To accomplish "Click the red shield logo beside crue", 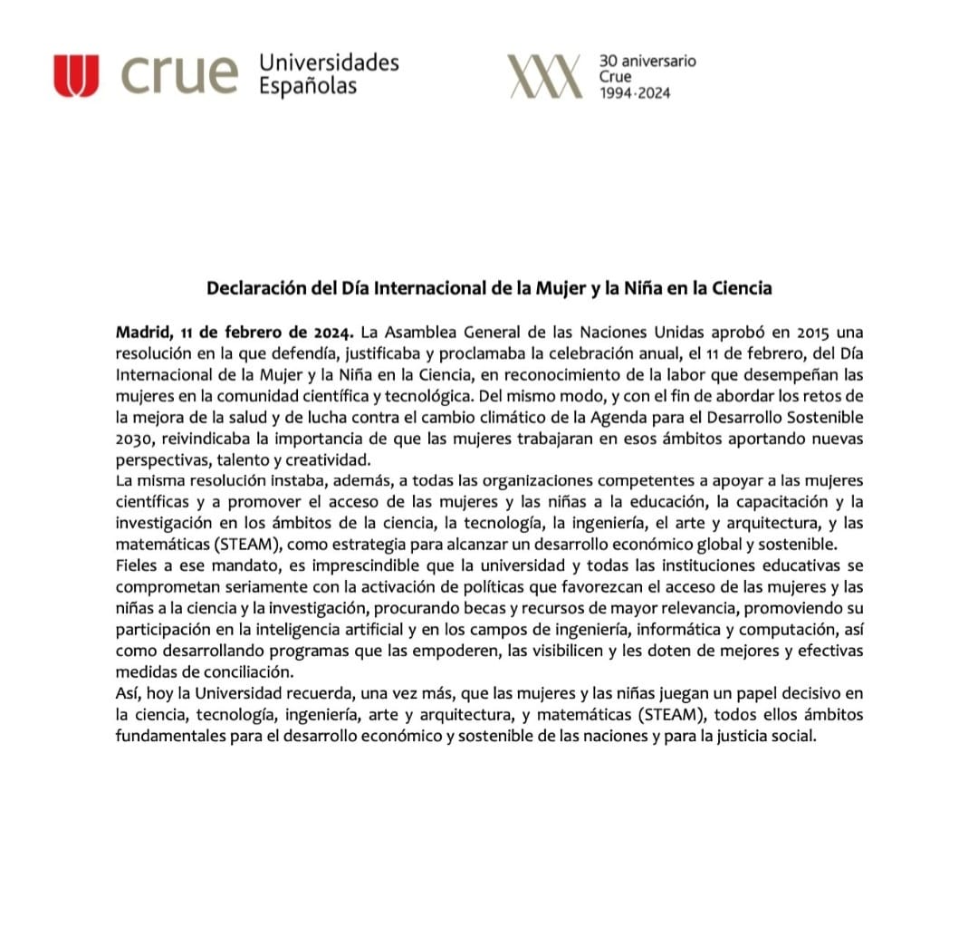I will click(75, 75).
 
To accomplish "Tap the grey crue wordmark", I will click(177, 75).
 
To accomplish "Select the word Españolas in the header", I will click(308, 87).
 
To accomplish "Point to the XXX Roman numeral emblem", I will click(543, 75).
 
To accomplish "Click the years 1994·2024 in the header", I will click(636, 92).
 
